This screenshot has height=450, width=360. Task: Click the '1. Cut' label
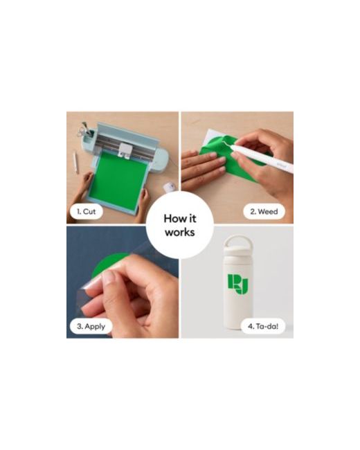pyautogui.click(x=86, y=212)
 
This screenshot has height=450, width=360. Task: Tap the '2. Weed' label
pyautogui.click(x=264, y=212)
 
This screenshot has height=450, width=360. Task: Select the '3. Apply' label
pyautogui.click(x=91, y=326)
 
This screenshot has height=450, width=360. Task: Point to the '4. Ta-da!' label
pyautogui.click(x=263, y=326)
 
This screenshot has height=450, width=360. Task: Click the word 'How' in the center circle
pyautogui.click(x=172, y=219)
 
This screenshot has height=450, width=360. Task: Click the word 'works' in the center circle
pyautogui.click(x=180, y=233)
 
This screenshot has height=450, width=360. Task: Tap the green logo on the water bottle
pyautogui.click(x=238, y=284)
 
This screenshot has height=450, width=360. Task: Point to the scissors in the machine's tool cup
pyautogui.click(x=83, y=130)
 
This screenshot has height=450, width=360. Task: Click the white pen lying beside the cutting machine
pyautogui.click(x=75, y=163)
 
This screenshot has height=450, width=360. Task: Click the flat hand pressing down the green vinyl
pyautogui.click(x=203, y=170)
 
